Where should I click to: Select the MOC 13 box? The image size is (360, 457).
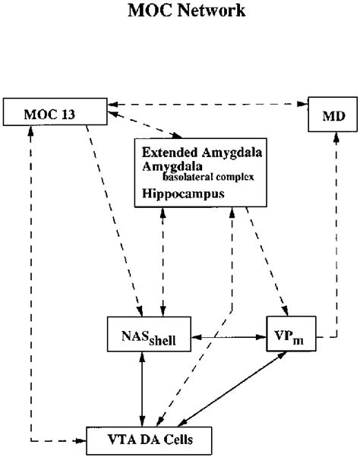coord(54,113)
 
